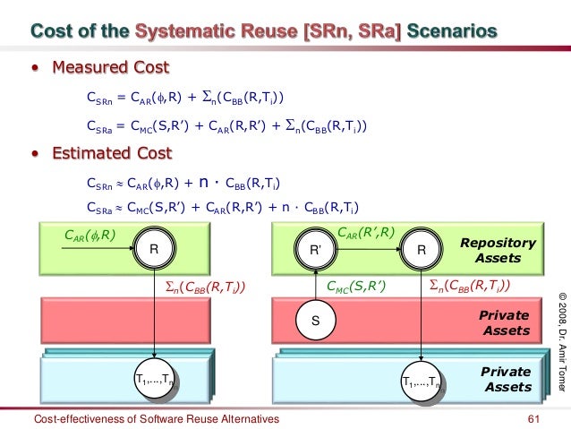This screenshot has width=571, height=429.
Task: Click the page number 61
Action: (x=536, y=418)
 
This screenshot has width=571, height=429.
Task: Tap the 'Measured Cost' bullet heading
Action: (x=110, y=68)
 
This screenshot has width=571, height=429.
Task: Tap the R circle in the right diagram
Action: (x=421, y=253)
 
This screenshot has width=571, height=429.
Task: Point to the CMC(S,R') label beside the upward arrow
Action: (x=354, y=287)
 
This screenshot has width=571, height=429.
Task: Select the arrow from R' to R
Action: (x=368, y=253)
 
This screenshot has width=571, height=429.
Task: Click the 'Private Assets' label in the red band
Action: (x=505, y=323)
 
